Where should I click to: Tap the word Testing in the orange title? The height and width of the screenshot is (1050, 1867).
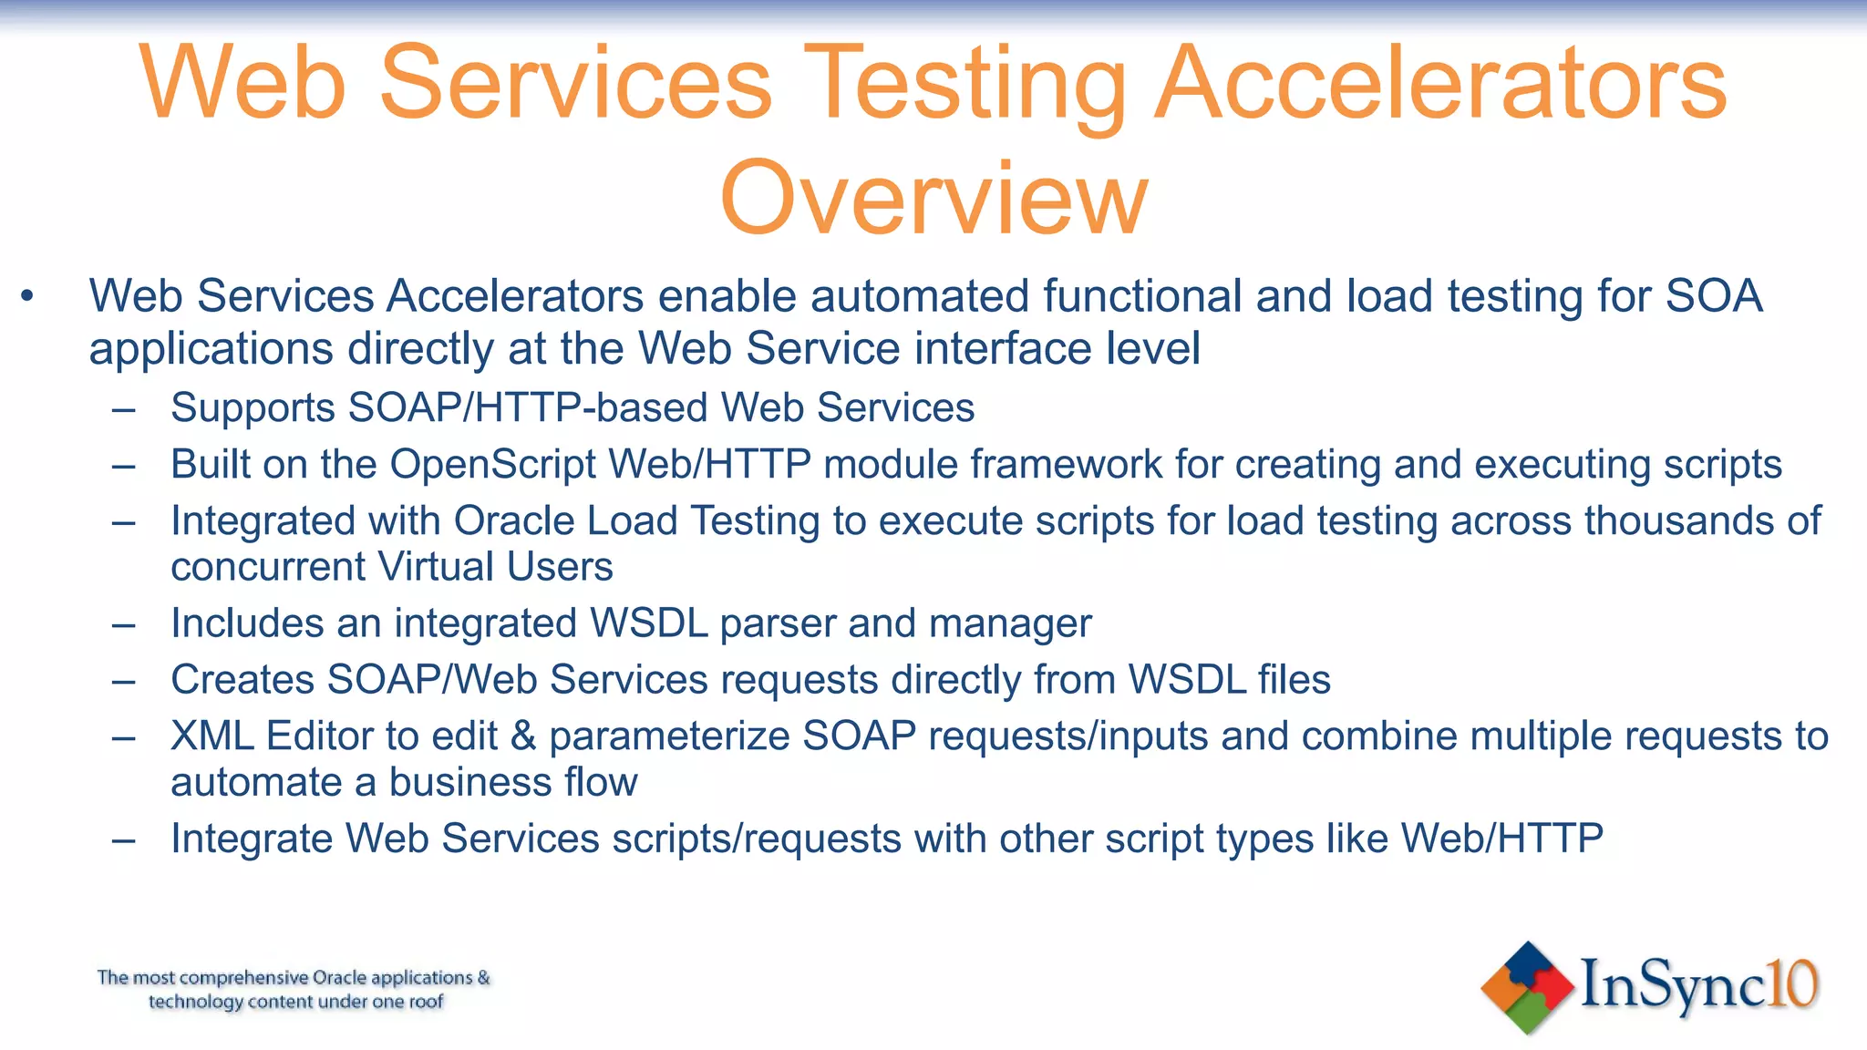(x=964, y=84)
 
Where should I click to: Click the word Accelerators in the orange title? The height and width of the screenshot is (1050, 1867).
(x=1440, y=84)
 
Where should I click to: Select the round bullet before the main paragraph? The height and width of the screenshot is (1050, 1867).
(x=27, y=296)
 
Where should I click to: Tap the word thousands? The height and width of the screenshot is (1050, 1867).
(x=1672, y=521)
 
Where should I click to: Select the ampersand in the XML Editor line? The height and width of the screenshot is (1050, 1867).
(x=523, y=736)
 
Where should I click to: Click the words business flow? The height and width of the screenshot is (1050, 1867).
(x=512, y=783)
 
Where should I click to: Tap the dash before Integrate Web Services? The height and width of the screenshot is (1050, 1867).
(x=123, y=839)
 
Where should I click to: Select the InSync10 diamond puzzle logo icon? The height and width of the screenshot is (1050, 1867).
(x=1527, y=987)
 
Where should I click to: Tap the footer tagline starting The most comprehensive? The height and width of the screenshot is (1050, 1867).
(x=294, y=990)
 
